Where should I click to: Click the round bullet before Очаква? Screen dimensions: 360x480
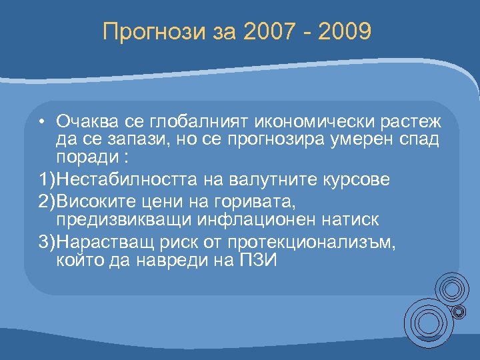coord(41,121)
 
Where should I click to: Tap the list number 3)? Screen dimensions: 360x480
coord(47,244)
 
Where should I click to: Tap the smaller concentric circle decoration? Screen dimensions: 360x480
coord(453,289)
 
